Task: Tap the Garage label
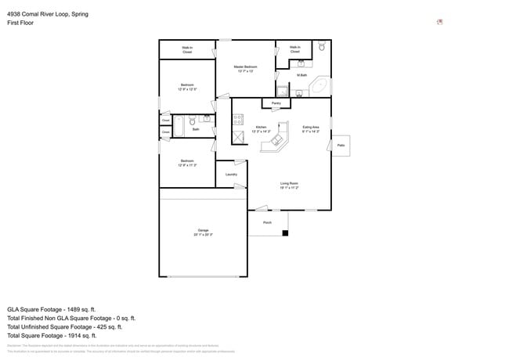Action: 203,232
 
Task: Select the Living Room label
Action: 289,185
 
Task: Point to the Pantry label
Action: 276,103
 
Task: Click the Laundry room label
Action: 231,174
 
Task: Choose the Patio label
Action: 340,145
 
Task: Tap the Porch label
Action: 267,222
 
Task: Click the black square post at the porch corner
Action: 286,232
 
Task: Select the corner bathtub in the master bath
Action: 319,86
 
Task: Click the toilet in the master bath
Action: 322,48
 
